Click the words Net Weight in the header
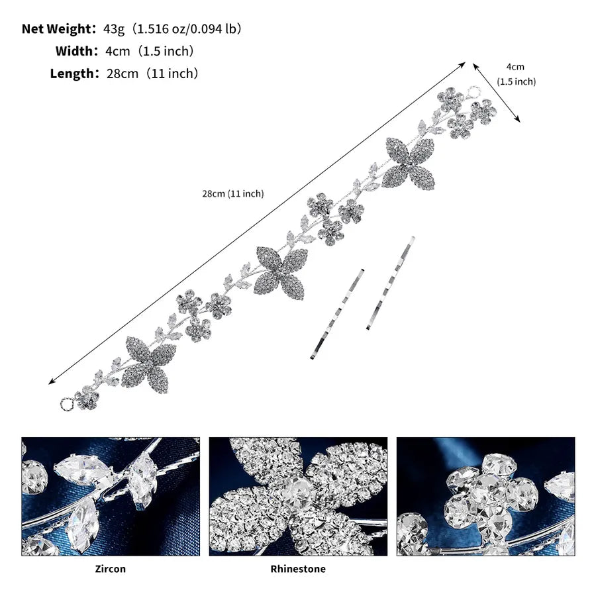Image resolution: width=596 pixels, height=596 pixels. coord(57,29)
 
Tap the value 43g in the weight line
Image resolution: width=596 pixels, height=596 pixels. coord(114,29)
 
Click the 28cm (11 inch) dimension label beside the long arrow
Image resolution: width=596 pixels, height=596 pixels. coord(232,194)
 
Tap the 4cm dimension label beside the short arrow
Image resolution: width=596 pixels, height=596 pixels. coord(515,67)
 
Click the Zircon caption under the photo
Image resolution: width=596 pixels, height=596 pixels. coord(110,569)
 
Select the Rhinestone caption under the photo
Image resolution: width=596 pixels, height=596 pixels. coord(298,569)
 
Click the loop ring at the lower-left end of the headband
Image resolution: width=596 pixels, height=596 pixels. coord(62,403)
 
